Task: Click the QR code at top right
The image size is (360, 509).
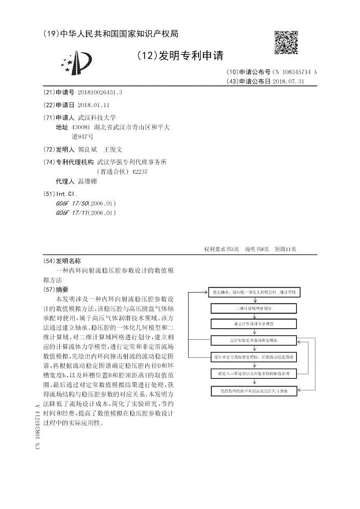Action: pyautogui.click(x=286, y=43)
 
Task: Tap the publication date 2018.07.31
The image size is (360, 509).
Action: pyautogui.click(x=292, y=81)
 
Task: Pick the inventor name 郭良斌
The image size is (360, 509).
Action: pyautogui.click(x=88, y=149)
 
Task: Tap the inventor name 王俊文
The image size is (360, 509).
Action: pyautogui.click(x=113, y=149)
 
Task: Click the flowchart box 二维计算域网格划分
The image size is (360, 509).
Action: pyautogui.click(x=254, y=308)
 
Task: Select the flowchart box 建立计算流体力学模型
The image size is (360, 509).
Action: pyautogui.click(x=254, y=324)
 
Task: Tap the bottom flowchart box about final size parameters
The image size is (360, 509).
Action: pyautogui.click(x=254, y=391)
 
